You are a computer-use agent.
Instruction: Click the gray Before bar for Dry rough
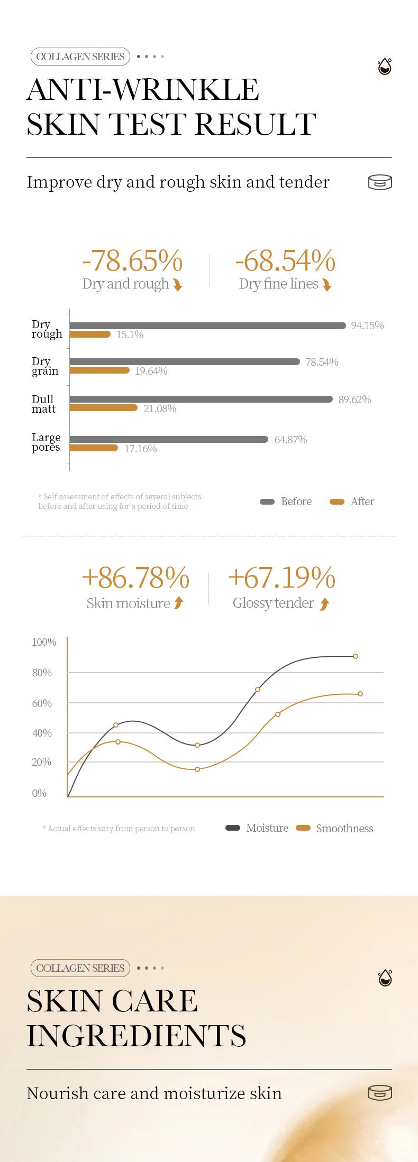coord(207,326)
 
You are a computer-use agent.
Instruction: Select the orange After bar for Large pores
coord(94,448)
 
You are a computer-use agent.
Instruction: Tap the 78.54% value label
coord(322,362)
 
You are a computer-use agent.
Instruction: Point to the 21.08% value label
coord(160,408)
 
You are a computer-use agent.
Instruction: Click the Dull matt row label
coord(43,404)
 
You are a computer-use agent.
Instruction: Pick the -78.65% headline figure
coord(132,261)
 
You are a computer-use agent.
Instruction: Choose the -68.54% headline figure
coord(285,261)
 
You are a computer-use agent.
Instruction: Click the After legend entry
coord(352,501)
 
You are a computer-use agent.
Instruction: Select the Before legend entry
coord(286,501)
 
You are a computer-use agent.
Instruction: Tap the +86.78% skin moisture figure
coord(135,578)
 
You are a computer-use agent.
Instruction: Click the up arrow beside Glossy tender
coord(325,604)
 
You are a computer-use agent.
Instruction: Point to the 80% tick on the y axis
coord(42,673)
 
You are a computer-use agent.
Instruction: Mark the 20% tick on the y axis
coord(42,762)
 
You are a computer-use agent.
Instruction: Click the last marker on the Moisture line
coord(356,656)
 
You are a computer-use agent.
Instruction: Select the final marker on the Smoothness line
coord(360,694)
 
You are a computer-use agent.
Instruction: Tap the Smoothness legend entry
coord(335,828)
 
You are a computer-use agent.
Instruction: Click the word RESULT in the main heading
coord(256,125)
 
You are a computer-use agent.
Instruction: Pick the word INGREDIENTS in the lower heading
coord(137,1036)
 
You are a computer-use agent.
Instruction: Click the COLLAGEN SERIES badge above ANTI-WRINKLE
coord(80,57)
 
